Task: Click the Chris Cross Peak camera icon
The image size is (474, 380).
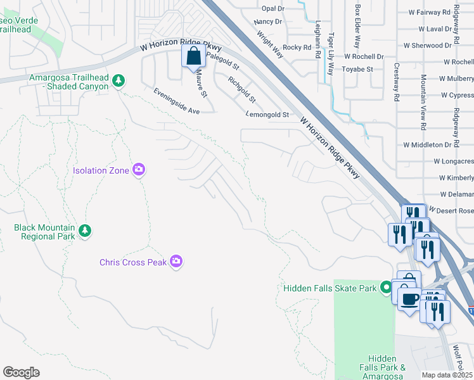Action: click(176, 262)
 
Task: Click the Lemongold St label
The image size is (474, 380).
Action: click(267, 115)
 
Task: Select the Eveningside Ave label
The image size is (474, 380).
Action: click(176, 101)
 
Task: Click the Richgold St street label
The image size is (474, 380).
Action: click(242, 90)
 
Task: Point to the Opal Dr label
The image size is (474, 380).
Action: click(273, 9)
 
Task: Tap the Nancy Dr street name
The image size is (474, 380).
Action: click(267, 22)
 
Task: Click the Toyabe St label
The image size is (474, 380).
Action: click(358, 69)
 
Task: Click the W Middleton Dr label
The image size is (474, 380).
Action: click(431, 144)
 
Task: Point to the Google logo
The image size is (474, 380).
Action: click(22, 372)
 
